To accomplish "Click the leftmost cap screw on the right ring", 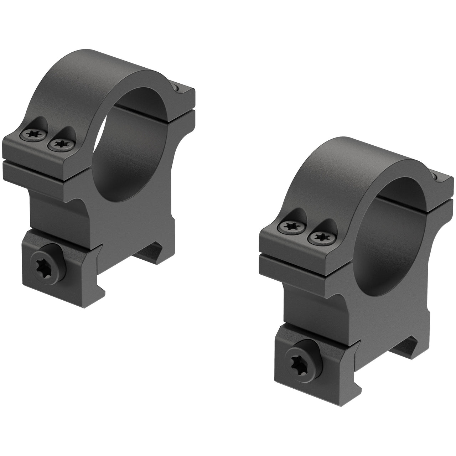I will point(289,226).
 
